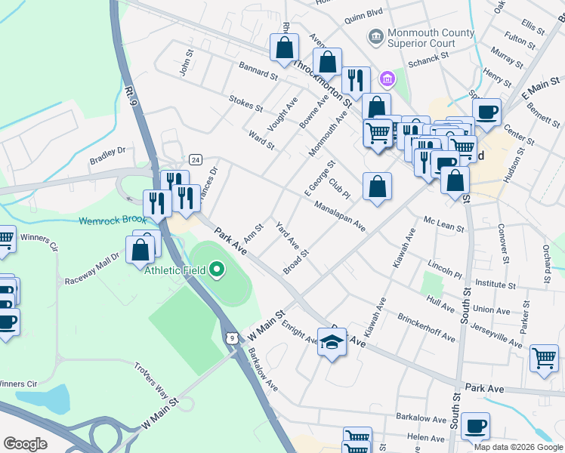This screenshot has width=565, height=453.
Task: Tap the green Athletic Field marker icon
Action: tap(218, 270)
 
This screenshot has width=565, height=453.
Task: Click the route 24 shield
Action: tap(196, 159)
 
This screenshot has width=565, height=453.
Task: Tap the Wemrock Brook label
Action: tap(111, 221)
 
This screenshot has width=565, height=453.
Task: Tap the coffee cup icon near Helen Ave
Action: tap(475, 426)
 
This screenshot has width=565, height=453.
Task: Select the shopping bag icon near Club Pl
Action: tap(377, 186)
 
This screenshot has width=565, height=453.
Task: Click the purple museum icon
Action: tap(387, 79)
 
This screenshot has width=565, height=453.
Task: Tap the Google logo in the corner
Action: tap(25, 443)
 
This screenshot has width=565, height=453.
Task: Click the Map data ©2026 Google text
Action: tap(517, 447)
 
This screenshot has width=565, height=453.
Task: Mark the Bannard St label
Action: tap(258, 74)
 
